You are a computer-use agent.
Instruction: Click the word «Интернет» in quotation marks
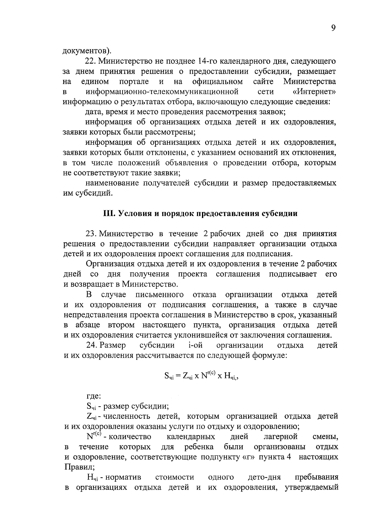click(315, 92)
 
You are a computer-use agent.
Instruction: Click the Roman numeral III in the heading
click(109, 214)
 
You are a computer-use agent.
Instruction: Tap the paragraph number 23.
click(91, 234)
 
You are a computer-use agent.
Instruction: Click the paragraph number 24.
click(92, 345)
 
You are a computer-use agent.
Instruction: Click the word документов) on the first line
click(87, 50)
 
